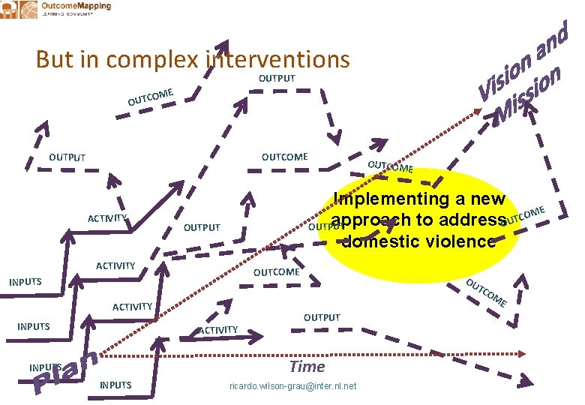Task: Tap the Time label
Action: [x=307, y=367]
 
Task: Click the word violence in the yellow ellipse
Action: [x=458, y=241]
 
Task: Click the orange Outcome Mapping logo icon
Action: [x=27, y=10]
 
